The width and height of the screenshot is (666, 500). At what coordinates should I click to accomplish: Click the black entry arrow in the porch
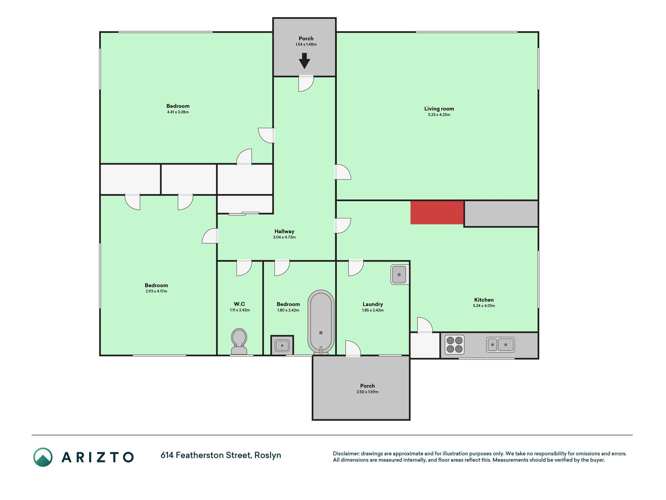click(x=304, y=61)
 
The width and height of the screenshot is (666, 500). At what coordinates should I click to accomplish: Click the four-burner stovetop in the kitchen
click(x=455, y=345)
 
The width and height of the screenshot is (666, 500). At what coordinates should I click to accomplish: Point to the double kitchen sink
click(x=500, y=345)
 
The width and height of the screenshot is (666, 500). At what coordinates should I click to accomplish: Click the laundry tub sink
click(x=400, y=275)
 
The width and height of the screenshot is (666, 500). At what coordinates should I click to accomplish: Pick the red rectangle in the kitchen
click(x=437, y=212)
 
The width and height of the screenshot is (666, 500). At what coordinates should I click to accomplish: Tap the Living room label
click(x=439, y=109)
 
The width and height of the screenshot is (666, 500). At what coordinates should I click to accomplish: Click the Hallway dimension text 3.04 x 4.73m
click(x=284, y=237)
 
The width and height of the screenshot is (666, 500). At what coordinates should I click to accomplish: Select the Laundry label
click(x=373, y=304)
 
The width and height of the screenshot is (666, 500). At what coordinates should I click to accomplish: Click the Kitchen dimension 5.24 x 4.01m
click(x=484, y=305)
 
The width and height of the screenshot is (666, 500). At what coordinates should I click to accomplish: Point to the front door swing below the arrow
click(x=306, y=83)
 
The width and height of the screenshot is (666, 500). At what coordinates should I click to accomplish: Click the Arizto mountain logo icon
click(x=43, y=457)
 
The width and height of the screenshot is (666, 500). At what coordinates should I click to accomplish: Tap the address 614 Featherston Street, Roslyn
click(x=221, y=455)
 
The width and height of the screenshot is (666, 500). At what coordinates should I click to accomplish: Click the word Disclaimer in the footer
click(x=346, y=454)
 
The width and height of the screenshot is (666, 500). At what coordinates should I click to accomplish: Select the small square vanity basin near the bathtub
click(x=282, y=345)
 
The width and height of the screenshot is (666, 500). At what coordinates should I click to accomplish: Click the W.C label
click(x=240, y=304)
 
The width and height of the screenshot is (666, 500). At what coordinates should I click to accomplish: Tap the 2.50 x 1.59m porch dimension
click(x=368, y=392)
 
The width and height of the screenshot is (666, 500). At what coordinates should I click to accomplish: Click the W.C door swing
click(x=244, y=268)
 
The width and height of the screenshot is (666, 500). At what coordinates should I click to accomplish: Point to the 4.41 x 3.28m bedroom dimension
click(x=178, y=112)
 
